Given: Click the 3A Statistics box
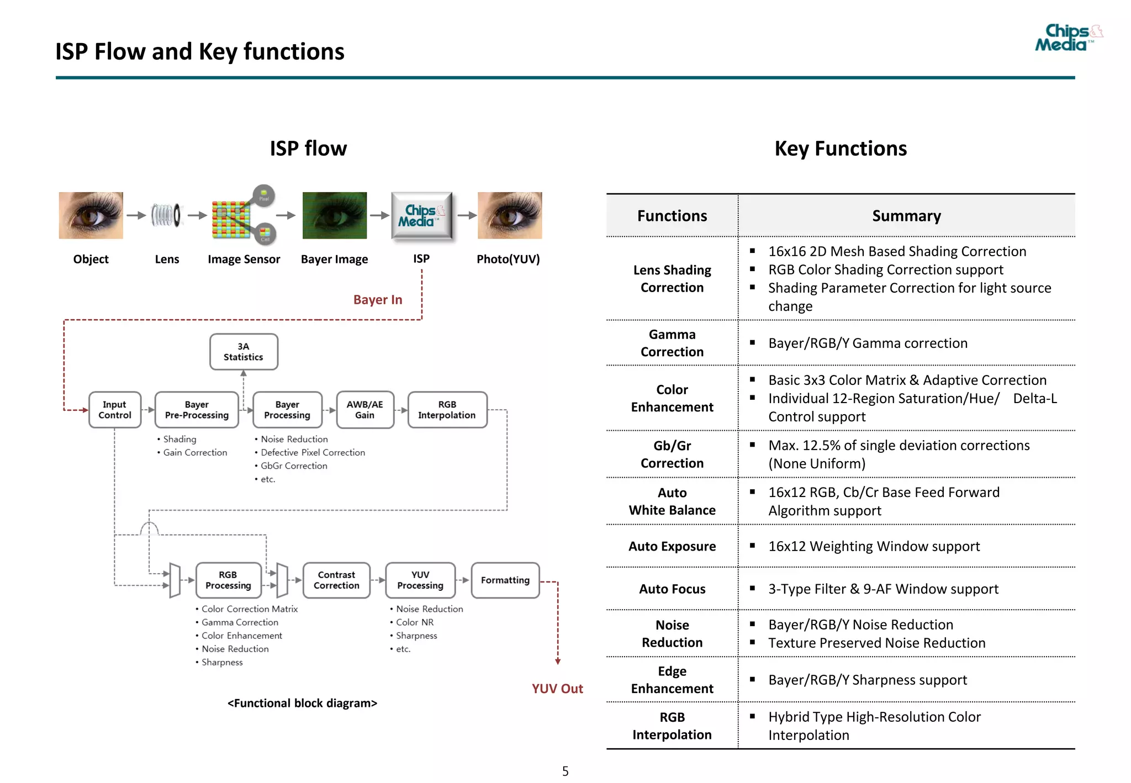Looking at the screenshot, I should pyautogui.click(x=244, y=352).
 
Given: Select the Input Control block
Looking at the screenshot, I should pyautogui.click(x=115, y=410).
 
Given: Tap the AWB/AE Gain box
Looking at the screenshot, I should pyautogui.click(x=364, y=410).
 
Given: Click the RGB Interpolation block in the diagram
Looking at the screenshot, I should pyautogui.click(x=447, y=410).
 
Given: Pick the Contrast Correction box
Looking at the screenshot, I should pyautogui.click(x=336, y=580).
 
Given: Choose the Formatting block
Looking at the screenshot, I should pyautogui.click(x=505, y=580).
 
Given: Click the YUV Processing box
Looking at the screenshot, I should pyautogui.click(x=420, y=580).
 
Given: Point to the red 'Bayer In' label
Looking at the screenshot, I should pyautogui.click(x=378, y=300).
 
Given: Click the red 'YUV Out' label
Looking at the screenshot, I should pyautogui.click(x=557, y=689).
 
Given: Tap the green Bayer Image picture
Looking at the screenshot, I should pyautogui.click(x=335, y=215).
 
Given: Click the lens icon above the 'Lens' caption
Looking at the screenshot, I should pyautogui.click(x=166, y=215).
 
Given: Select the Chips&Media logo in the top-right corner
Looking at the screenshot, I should pyautogui.click(x=1067, y=38).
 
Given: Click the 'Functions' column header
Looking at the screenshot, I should pyautogui.click(x=672, y=216).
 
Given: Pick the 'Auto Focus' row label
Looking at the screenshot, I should pyautogui.click(x=672, y=589).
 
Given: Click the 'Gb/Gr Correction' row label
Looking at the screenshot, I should pyautogui.click(x=672, y=454).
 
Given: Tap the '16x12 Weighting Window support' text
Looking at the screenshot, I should pyautogui.click(x=874, y=547).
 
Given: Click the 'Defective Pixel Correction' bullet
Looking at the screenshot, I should pyautogui.click(x=313, y=453).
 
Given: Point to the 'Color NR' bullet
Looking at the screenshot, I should pyautogui.click(x=415, y=622).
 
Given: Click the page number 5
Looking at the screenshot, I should pyautogui.click(x=565, y=771).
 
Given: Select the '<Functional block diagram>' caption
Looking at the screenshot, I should pyautogui.click(x=302, y=703).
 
